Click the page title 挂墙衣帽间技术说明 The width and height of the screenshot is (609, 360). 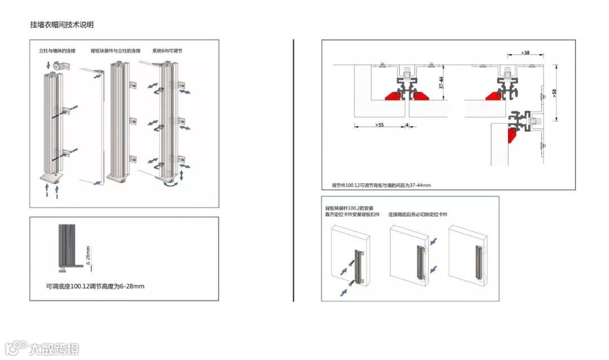(61, 25)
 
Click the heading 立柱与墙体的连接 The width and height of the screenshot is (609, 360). (57, 51)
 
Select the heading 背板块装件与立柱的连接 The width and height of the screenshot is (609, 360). (116, 51)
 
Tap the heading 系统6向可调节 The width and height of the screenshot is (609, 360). (167, 51)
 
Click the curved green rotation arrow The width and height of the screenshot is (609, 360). (170, 183)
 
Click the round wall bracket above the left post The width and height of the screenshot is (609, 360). (59, 66)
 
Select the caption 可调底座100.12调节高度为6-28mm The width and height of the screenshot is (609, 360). (95, 286)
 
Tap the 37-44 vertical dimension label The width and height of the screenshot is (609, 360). (442, 84)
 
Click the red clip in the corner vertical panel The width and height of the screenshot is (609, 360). (513, 135)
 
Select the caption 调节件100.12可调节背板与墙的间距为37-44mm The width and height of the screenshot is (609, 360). (381, 185)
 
